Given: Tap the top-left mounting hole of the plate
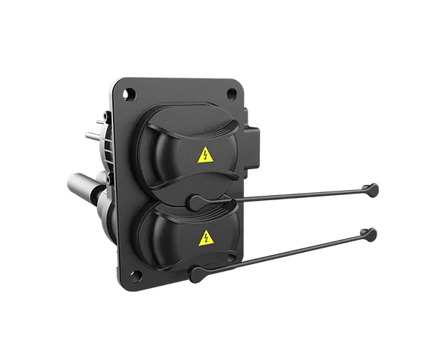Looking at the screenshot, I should (x=128, y=93).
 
